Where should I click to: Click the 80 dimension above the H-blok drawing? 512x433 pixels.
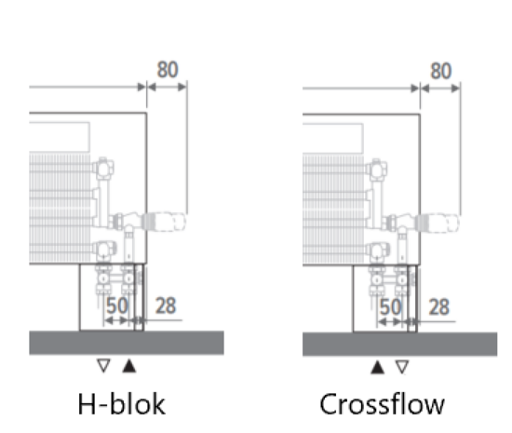coord(168,71)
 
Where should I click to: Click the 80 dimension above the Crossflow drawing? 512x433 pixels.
coord(441,71)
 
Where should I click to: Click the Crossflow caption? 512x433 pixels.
coord(382,404)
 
